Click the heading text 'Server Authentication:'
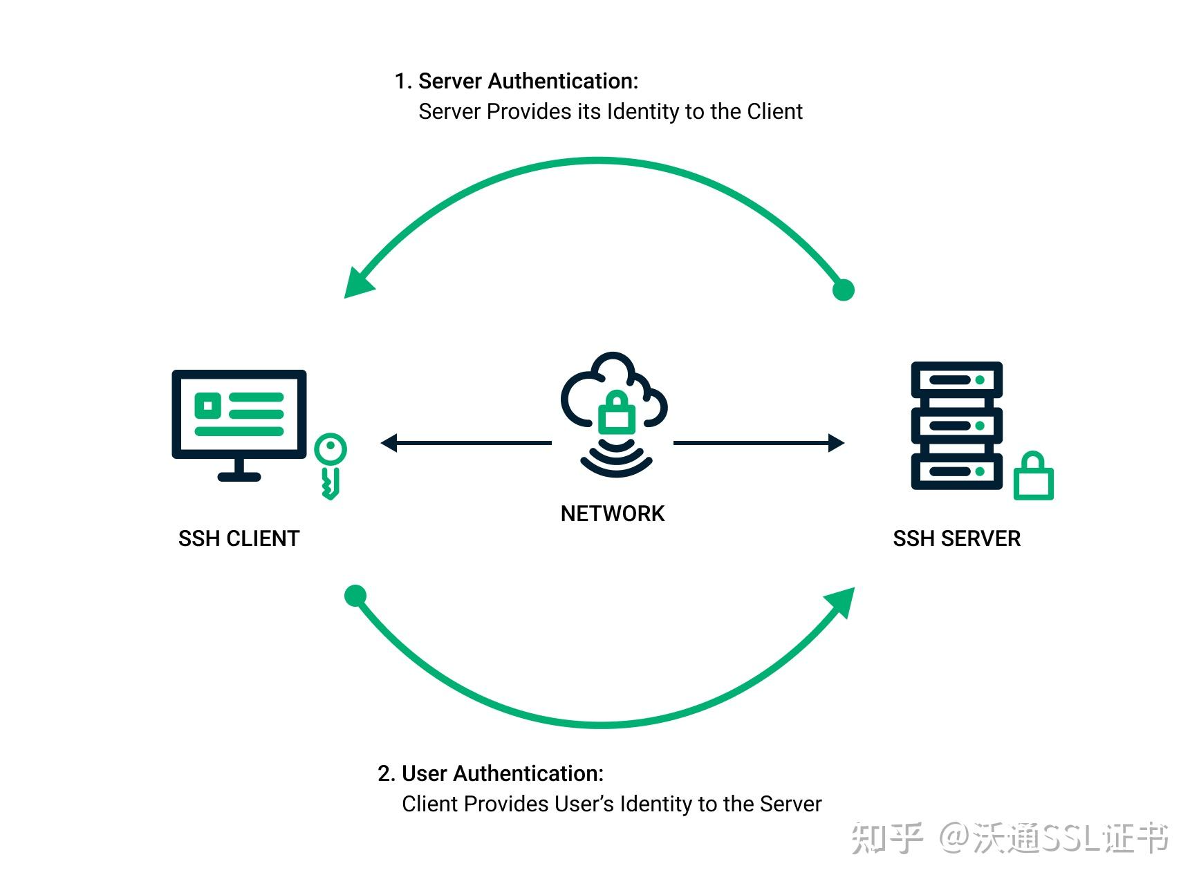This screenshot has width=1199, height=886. pyautogui.click(x=528, y=82)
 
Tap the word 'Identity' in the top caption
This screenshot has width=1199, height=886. pyautogui.click(x=645, y=112)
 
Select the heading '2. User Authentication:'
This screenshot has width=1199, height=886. pyautogui.click(x=491, y=773)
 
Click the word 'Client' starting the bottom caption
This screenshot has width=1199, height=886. pyautogui.click(x=429, y=804)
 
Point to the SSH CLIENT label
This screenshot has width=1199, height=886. pyautogui.click(x=239, y=538)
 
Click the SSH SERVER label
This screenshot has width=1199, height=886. pyautogui.click(x=956, y=538)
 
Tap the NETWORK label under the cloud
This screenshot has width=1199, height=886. pyautogui.click(x=612, y=513)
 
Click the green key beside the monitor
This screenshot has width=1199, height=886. pyautogui.click(x=330, y=464)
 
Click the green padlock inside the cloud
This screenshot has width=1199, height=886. pyautogui.click(x=616, y=413)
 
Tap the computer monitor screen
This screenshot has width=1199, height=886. pyautogui.click(x=239, y=413)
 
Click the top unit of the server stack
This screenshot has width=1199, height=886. pyautogui.click(x=956, y=380)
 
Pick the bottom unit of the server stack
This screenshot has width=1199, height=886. pyautogui.click(x=956, y=471)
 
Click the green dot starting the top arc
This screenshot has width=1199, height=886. pyautogui.click(x=843, y=290)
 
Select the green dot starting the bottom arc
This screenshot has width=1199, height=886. pyautogui.click(x=355, y=596)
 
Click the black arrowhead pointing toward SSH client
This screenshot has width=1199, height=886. pyautogui.click(x=389, y=443)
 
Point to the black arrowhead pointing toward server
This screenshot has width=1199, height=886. pyautogui.click(x=836, y=443)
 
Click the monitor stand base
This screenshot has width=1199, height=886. pyautogui.click(x=239, y=476)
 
